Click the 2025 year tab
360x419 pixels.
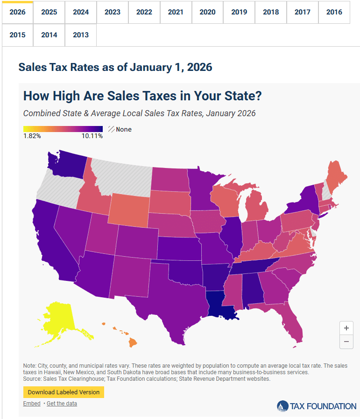click(x=49, y=12)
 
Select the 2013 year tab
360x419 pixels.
click(x=81, y=35)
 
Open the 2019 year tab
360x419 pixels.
click(x=239, y=12)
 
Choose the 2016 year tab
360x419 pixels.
click(x=334, y=12)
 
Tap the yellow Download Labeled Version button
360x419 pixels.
click(x=64, y=392)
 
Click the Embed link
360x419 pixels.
click(x=32, y=404)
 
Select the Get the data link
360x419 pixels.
click(x=62, y=404)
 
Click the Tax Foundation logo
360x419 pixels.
click(x=317, y=406)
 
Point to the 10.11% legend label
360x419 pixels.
click(x=92, y=136)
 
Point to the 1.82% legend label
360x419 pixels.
click(x=32, y=136)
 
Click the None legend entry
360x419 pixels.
click(x=120, y=129)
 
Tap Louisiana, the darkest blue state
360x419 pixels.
click(x=219, y=305)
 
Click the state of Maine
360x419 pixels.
click(x=337, y=176)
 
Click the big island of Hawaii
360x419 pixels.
click(x=133, y=342)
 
